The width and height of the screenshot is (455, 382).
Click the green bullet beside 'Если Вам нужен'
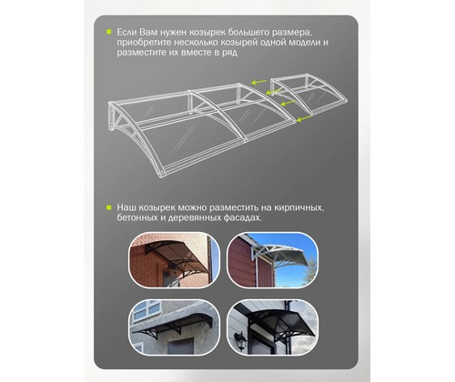pyautogui.click(x=108, y=32)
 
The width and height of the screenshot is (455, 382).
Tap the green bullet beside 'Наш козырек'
pyautogui.click(x=108, y=207)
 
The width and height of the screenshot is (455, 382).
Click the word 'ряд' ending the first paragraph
pyautogui.click(x=228, y=53)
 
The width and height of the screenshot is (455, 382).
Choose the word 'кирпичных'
pyautogui.click(x=298, y=208)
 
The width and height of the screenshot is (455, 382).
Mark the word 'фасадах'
pyautogui.click(x=242, y=217)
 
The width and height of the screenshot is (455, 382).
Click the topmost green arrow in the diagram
pyautogui.click(x=258, y=82)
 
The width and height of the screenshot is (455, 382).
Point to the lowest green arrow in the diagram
pyautogui.click(x=304, y=119)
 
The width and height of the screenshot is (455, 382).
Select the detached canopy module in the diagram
pyautogui.click(x=308, y=95)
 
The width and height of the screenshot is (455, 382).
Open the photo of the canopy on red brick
pyautogui.click(x=174, y=260)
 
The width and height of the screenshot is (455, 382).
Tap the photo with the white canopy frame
pyautogui.click(x=273, y=260)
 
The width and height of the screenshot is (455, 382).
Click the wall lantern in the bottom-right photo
pyautogui.click(x=240, y=340)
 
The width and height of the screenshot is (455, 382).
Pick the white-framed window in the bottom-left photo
pyautogui.click(x=147, y=310)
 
